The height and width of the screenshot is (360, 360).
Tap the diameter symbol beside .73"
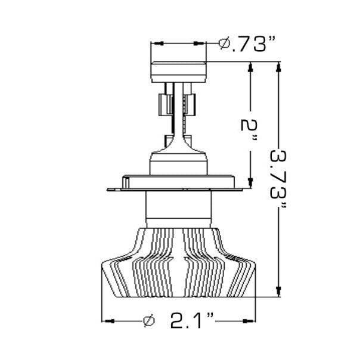pyautogui.click(x=225, y=44)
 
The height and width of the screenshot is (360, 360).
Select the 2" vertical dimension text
pyautogui.click(x=250, y=131)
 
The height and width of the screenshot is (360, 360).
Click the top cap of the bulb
pyautogui.click(x=179, y=72)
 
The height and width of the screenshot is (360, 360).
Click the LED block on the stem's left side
pyautogui.click(x=162, y=105)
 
